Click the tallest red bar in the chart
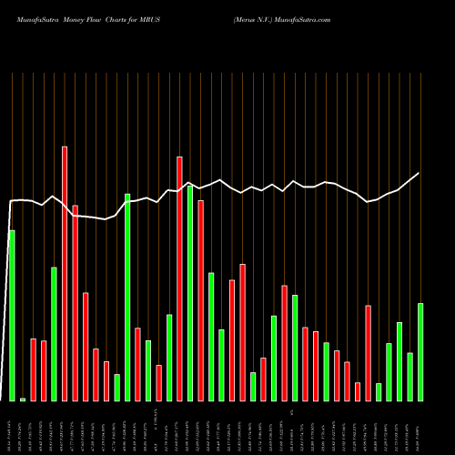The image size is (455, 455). point(65,273)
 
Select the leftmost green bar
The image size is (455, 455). point(12,315)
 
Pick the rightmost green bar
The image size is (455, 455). point(420,351)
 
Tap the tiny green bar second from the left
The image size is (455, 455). point(23,399)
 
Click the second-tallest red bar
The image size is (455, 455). point(179,278)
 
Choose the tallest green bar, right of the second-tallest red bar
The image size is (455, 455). point(190,292)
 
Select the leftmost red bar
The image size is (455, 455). point(33,369)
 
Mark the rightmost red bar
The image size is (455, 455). point(368,352)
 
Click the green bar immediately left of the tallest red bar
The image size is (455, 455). point(54,333)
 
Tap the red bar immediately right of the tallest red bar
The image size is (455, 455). point(75,302)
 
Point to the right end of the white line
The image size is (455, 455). point(420,173)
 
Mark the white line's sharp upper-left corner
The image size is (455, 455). point(11,201)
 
